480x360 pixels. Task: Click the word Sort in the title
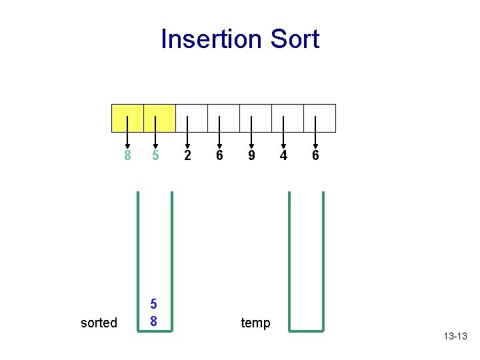(x=294, y=39)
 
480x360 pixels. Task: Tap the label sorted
(x=99, y=323)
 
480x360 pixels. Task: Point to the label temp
(x=255, y=323)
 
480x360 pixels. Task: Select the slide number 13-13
(x=455, y=336)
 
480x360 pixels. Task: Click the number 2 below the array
(x=187, y=155)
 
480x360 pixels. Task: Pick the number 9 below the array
(x=251, y=155)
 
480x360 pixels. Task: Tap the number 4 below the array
(x=283, y=155)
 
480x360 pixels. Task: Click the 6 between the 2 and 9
(x=219, y=155)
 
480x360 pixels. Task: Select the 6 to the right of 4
(x=315, y=155)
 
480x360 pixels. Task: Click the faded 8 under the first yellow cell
(x=127, y=155)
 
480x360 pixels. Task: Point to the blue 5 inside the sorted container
(x=154, y=304)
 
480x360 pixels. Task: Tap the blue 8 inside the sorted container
(x=154, y=321)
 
